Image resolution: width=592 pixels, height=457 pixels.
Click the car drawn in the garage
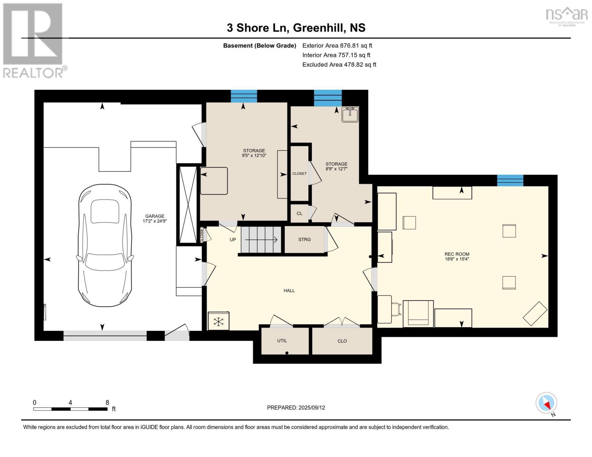[105, 245]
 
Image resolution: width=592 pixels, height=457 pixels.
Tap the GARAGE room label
[154, 216]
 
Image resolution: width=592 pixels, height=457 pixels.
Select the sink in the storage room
[350, 114]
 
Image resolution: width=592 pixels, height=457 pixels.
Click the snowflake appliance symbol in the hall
[218, 321]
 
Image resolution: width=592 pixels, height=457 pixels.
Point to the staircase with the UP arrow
[261, 240]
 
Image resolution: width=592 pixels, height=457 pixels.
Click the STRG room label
[304, 240]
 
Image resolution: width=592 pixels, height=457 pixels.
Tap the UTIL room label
[282, 340]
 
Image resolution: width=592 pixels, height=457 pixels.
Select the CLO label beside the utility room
[342, 341]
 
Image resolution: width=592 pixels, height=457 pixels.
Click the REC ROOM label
[457, 254]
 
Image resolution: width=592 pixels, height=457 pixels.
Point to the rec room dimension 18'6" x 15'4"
[457, 259]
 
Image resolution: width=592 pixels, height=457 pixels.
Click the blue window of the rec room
[510, 181]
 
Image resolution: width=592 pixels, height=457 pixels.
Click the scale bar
[70, 409]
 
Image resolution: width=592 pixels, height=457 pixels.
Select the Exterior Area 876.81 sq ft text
[337, 45]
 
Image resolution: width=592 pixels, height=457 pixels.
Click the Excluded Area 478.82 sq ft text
[339, 64]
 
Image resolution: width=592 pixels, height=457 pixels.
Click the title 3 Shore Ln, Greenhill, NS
[296, 28]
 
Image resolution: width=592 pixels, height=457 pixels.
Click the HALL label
[289, 291]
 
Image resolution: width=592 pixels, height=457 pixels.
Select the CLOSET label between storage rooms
[299, 173]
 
